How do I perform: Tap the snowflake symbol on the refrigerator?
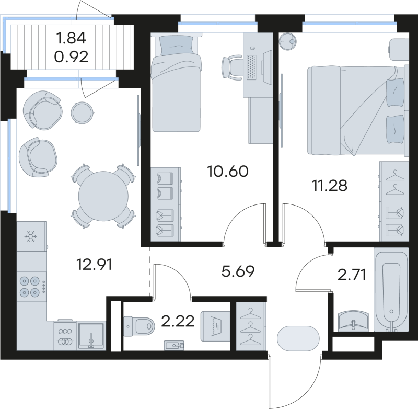[x=31, y=237]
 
